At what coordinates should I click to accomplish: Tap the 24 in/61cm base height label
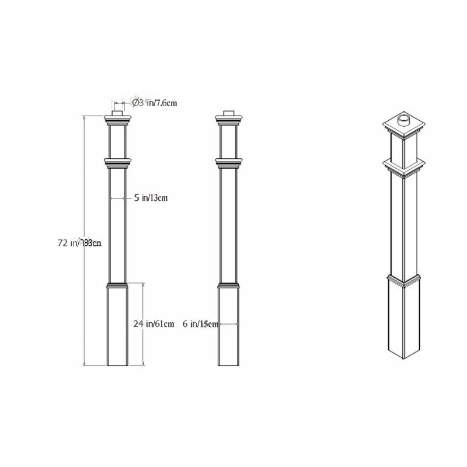click(x=154, y=324)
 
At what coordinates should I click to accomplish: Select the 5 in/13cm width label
click(x=151, y=198)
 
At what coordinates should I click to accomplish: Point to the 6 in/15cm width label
click(x=200, y=324)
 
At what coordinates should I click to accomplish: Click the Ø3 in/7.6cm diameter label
click(x=155, y=103)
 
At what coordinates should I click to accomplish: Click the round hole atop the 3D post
click(x=403, y=121)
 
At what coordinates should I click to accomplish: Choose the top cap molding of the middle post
click(x=228, y=121)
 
